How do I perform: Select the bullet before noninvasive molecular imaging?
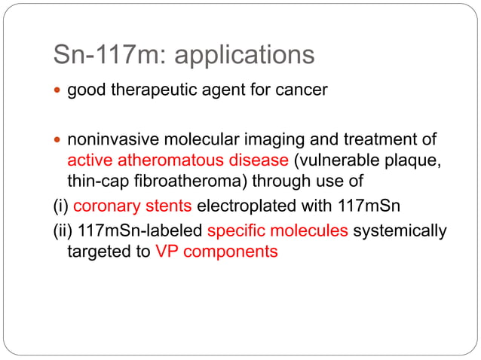pyautogui.click(x=59, y=140)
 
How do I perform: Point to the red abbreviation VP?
pyautogui.click(x=167, y=252)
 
